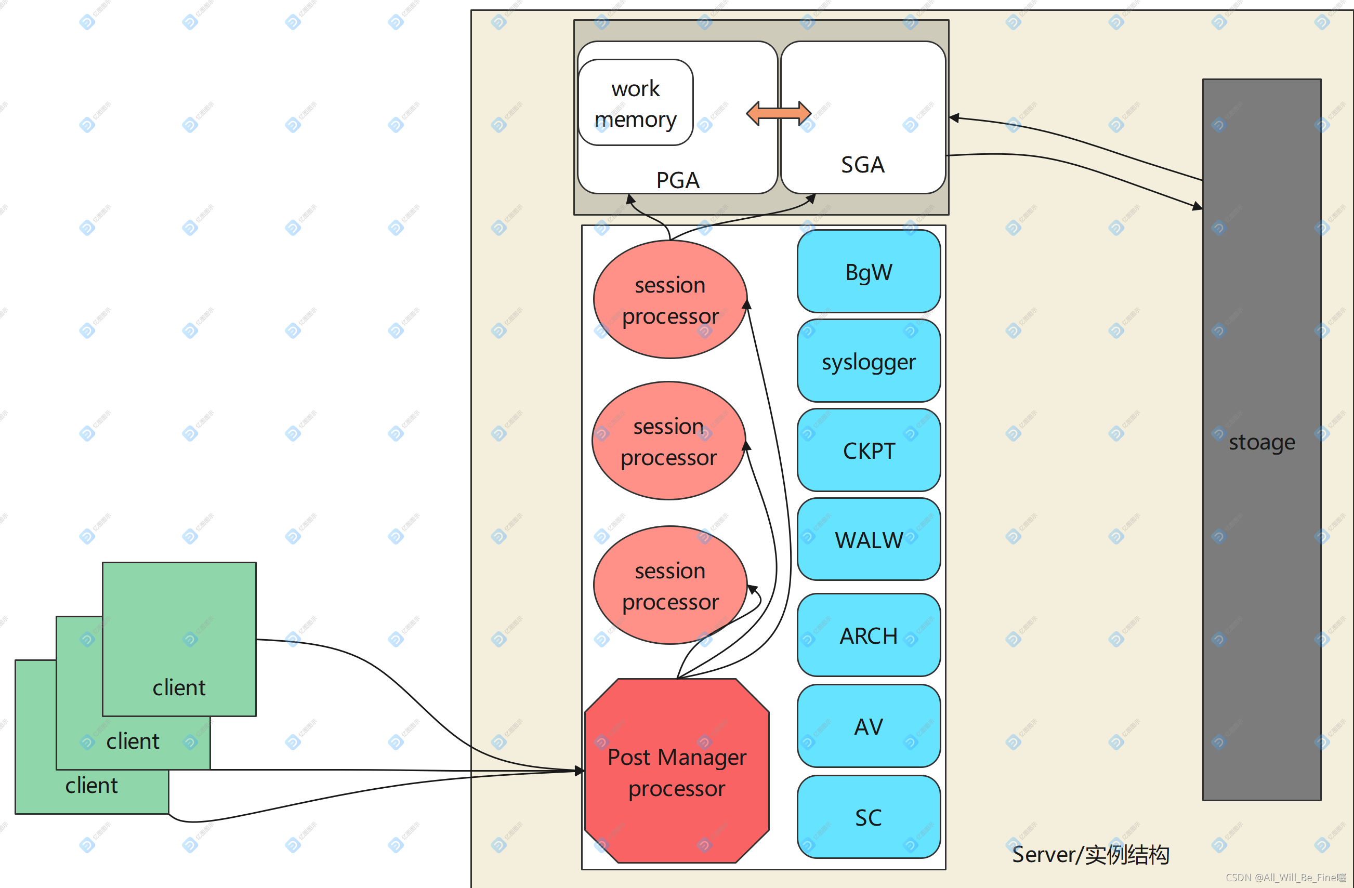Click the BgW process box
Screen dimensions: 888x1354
pos(868,272)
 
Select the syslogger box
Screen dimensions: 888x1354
pos(868,361)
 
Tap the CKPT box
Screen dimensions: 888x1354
pos(868,450)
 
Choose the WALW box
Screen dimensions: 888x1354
pos(868,539)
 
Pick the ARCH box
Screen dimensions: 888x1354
pos(868,635)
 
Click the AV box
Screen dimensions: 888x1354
pos(868,726)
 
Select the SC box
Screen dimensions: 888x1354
pos(868,817)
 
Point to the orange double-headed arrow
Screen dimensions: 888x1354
pos(778,113)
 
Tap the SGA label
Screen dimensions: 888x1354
pos(862,165)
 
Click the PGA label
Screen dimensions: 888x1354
pos(678,180)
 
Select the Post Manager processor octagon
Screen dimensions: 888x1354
pos(676,772)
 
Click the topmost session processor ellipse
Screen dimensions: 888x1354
pos(669,300)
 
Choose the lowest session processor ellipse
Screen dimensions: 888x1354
pos(669,586)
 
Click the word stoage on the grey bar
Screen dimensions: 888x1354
pos(1261,442)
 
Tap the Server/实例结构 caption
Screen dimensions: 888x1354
pos(1090,854)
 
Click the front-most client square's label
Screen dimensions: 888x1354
pos(179,688)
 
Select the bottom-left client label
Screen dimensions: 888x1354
pos(91,786)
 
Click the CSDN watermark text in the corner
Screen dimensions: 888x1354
pos(1285,878)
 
